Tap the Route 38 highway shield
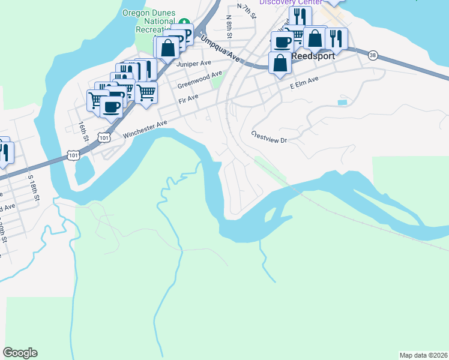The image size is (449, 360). click(373, 55)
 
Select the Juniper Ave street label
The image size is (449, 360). click(194, 63)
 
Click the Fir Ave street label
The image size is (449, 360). click(188, 99)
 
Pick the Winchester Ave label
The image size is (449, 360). click(145, 130)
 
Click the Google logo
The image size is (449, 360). click(20, 353)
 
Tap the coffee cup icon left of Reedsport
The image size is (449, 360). click(282, 41)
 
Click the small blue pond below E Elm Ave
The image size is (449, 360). click(342, 103)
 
